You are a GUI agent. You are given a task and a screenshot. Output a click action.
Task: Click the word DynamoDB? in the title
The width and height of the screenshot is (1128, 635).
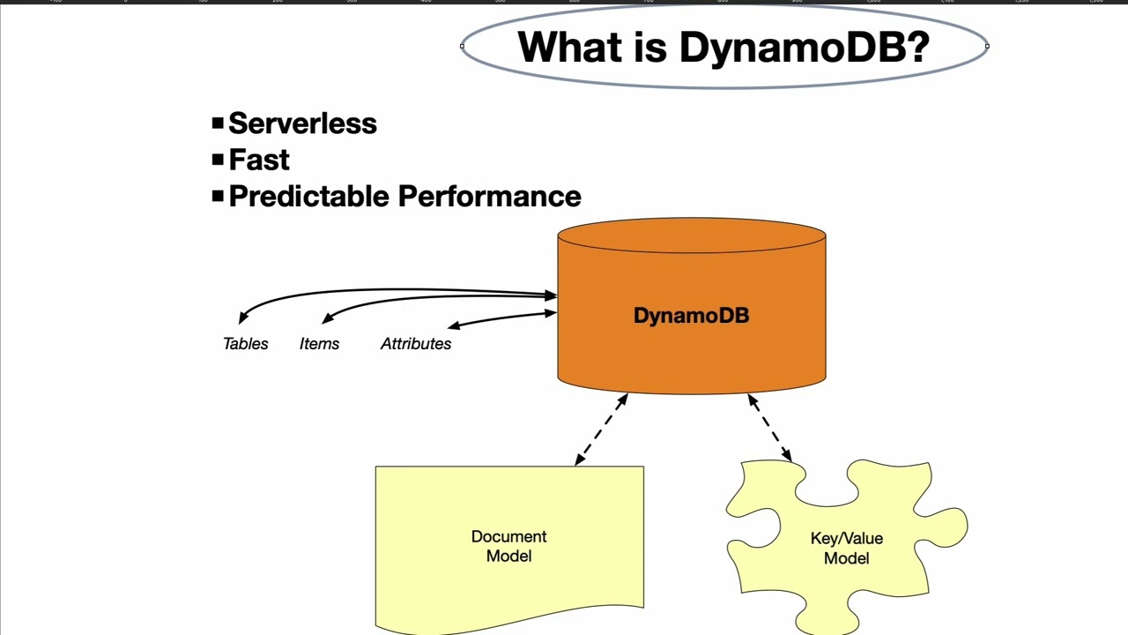[x=804, y=48]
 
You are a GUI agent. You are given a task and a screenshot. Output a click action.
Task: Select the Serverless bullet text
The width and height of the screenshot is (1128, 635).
[x=302, y=123]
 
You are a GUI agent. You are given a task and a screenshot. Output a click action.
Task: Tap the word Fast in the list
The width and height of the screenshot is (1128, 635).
[x=259, y=160]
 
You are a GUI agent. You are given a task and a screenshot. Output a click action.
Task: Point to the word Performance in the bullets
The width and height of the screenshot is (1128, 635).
[x=489, y=196]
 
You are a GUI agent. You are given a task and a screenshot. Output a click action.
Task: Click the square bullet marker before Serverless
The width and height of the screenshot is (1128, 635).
[x=218, y=123]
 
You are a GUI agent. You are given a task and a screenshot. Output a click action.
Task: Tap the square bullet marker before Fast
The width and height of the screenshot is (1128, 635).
[x=218, y=160]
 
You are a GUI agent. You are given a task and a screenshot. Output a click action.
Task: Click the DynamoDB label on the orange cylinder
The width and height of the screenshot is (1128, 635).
[x=691, y=316]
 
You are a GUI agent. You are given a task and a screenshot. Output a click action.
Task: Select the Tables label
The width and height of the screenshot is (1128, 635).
[x=245, y=344]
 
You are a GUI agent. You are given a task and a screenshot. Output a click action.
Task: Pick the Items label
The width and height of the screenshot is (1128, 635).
[x=319, y=344]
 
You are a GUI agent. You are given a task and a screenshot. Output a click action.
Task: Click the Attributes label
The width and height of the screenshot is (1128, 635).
[x=415, y=344]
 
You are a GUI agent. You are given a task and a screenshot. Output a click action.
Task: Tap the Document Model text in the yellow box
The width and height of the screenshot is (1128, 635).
[x=508, y=546]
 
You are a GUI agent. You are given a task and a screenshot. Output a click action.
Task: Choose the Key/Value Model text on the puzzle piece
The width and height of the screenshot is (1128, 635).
[x=846, y=548]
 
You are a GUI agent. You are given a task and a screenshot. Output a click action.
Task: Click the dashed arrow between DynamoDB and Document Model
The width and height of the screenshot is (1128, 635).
[x=601, y=429]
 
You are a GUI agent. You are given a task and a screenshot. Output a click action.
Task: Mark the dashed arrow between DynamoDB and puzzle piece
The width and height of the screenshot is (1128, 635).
[x=769, y=427]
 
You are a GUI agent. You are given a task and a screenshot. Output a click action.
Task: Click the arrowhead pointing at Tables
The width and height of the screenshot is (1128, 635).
[x=243, y=317]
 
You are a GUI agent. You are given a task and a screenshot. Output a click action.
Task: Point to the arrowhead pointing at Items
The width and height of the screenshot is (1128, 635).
[x=327, y=318]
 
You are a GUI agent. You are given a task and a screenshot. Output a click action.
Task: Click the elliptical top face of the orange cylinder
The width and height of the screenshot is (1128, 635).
[x=691, y=235]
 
